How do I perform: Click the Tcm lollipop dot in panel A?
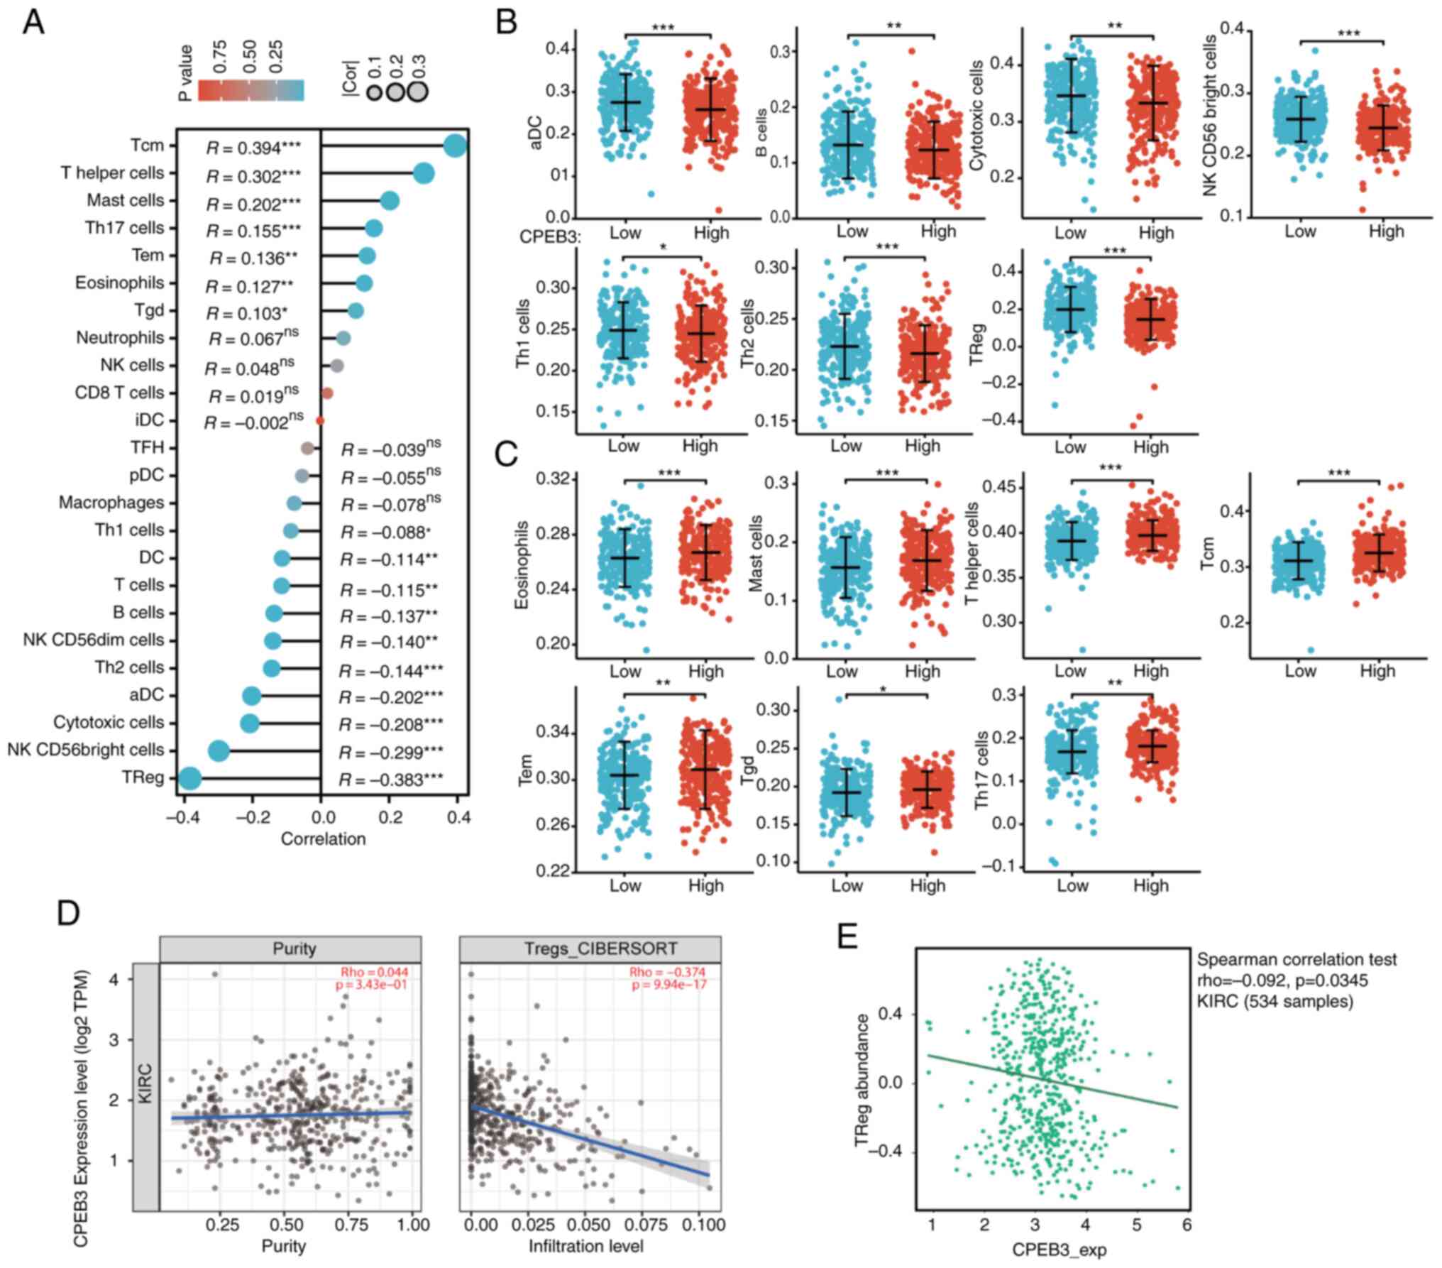click(x=455, y=147)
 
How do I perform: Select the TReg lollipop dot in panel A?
click(x=189, y=779)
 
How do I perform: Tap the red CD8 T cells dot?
click(x=327, y=393)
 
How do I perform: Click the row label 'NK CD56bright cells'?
click(x=86, y=750)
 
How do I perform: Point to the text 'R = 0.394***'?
click(x=253, y=147)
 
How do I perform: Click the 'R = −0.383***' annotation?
click(x=391, y=780)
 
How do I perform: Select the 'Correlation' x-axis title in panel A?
click(x=323, y=838)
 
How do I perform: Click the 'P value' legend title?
click(x=187, y=73)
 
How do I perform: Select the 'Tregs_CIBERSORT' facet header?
click(x=590, y=949)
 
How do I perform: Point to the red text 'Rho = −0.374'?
click(x=667, y=972)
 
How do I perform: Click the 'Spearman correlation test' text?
click(x=1297, y=960)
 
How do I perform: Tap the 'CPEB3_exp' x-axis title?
click(x=1059, y=1249)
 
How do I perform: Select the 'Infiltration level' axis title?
click(x=585, y=1245)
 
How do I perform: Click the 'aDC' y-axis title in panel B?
click(x=536, y=133)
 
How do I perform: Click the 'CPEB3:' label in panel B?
click(x=551, y=237)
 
